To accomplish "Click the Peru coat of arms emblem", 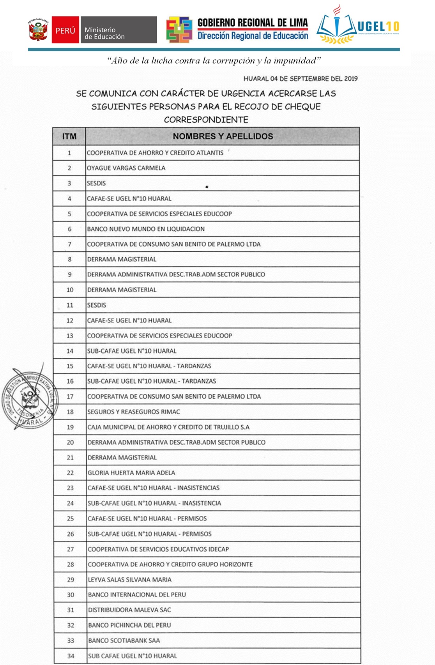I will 38,30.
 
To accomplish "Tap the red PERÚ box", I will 65,30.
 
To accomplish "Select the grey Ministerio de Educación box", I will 118,30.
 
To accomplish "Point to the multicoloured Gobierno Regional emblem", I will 179,30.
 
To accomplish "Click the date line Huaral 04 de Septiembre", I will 300,79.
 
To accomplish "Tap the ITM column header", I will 69,136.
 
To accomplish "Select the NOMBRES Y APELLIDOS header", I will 223,136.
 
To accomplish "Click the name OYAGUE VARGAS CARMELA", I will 126,168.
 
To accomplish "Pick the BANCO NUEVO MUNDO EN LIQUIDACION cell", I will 146,229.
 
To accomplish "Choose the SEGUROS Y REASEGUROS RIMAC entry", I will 134,412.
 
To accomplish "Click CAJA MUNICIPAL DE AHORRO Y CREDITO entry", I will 168,427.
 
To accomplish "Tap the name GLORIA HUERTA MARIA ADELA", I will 131,473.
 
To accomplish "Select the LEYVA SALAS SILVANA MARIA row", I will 130,580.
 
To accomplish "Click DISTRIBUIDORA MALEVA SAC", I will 129,610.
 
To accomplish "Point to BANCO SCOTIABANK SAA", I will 124,640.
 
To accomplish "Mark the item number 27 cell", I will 70,549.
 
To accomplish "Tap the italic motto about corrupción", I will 214,60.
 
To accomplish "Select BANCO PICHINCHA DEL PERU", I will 129,625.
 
